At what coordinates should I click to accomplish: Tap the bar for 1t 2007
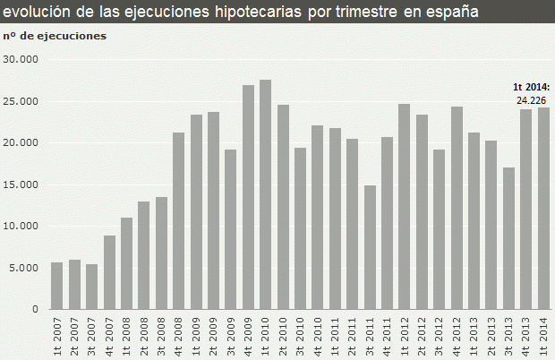coord(57,286)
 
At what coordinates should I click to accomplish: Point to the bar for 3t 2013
coord(508,238)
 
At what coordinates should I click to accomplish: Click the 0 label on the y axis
coord(37,309)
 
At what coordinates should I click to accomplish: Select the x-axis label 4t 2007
coord(109,336)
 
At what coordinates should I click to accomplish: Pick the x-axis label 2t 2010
coord(283,336)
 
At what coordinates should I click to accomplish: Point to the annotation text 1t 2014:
coord(532,87)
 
